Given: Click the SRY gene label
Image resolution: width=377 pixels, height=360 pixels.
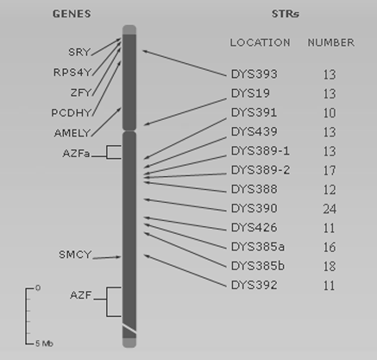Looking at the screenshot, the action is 79,52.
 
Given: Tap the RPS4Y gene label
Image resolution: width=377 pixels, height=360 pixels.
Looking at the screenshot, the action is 72,73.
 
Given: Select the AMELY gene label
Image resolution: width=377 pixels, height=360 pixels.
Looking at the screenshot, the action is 72,133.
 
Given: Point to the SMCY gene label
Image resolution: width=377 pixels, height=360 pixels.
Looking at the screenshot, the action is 75,255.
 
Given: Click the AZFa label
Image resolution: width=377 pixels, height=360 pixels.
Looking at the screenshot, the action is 77,154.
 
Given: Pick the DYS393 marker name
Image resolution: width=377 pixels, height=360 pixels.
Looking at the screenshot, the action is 254,74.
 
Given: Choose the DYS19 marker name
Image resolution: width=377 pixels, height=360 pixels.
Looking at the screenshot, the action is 250,93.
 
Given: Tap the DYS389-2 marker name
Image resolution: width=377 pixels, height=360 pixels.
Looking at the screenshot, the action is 261,170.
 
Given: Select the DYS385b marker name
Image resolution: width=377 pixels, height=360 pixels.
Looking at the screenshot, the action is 258,266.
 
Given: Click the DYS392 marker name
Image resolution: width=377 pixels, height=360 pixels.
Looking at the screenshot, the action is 254,285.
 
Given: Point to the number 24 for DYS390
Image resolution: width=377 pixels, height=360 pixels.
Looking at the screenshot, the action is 330,209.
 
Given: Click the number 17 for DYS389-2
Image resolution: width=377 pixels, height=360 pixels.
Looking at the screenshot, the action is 330,170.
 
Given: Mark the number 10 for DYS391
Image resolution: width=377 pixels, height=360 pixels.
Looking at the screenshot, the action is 330,113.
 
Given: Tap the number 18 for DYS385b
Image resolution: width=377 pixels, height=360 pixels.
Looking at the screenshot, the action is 330,267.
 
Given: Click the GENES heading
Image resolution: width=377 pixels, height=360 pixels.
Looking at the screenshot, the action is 72,14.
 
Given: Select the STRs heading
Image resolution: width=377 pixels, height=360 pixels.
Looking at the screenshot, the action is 286,14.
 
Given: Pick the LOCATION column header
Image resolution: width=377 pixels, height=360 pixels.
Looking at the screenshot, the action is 260,42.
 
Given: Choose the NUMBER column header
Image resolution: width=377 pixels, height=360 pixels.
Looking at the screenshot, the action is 331,42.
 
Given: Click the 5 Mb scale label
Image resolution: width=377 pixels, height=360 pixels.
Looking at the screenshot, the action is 44,344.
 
